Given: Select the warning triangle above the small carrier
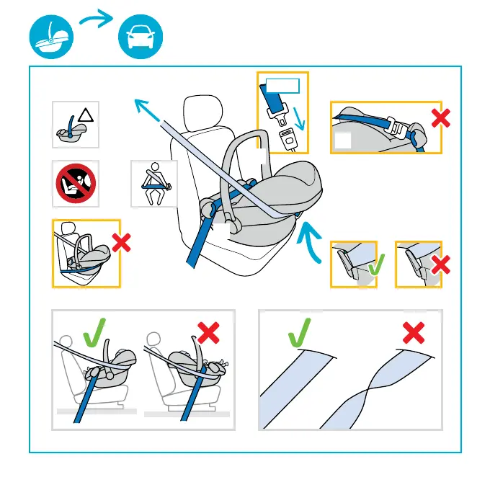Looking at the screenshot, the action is tap(86, 115).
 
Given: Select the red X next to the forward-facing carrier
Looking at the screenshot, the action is tap(121, 244).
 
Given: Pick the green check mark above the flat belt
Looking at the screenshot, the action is tap(301, 333).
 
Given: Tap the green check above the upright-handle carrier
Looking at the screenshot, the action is tap(96, 334).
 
